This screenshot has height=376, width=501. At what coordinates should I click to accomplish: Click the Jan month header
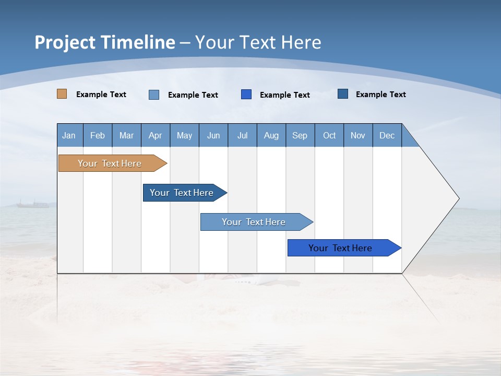pyautogui.click(x=69, y=135)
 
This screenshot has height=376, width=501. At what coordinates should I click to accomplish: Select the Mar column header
pyautogui.click(x=126, y=135)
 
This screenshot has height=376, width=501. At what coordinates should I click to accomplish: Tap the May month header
pyautogui.click(x=184, y=135)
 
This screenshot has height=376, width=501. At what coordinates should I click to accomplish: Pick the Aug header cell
pyautogui.click(x=271, y=135)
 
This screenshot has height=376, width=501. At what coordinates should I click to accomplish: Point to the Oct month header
pyautogui.click(x=329, y=135)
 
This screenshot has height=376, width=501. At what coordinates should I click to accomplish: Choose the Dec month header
pyautogui.click(x=387, y=135)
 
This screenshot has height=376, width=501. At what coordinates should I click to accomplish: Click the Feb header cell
pyautogui.click(x=98, y=135)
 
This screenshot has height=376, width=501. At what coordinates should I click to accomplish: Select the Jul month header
pyautogui.click(x=243, y=135)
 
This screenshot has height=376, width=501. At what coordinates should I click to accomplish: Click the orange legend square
pyautogui.click(x=62, y=94)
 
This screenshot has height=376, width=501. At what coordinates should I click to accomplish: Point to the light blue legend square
pyautogui.click(x=154, y=95)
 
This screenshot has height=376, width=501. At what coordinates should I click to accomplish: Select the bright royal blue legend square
pyautogui.click(x=246, y=94)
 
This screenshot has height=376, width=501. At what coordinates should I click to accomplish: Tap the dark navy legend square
pyautogui.click(x=343, y=94)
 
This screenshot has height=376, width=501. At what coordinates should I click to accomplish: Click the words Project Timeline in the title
pyautogui.click(x=104, y=42)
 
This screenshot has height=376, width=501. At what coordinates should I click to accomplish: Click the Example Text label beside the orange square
pyautogui.click(x=101, y=95)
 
